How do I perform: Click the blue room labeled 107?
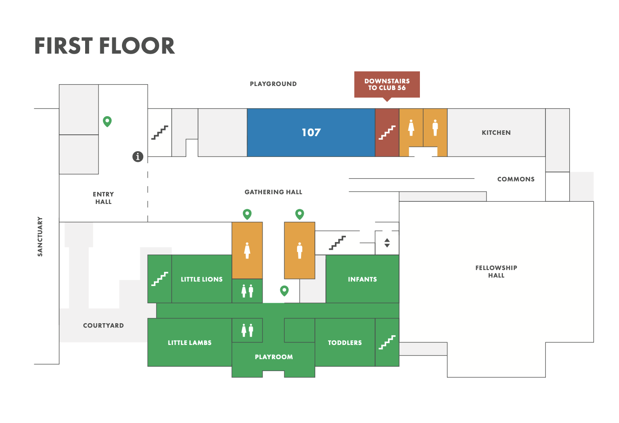point(311,133)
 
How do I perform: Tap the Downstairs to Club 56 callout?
point(387,84)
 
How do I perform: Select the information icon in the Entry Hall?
point(138,157)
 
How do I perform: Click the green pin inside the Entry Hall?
point(107,121)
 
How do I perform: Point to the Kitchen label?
point(496,133)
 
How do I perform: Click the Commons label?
point(516,179)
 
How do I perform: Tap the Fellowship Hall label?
point(496,271)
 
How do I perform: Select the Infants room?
point(362,279)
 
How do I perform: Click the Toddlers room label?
point(345,343)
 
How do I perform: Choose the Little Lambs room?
point(189,343)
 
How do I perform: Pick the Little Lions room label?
point(202,279)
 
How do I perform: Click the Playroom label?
point(274,357)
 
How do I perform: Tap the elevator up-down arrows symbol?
point(387,243)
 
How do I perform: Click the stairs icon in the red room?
point(387,133)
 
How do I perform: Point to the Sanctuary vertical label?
point(40,236)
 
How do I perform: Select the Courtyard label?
point(103,325)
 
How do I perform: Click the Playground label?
point(273,84)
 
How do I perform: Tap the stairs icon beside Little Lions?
point(160,279)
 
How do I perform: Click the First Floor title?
point(105,46)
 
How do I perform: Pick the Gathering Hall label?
point(273,192)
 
